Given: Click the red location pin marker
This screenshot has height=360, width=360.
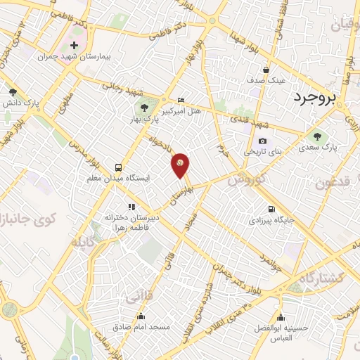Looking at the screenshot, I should click(181, 164).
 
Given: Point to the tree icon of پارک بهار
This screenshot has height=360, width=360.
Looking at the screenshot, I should click(144, 108).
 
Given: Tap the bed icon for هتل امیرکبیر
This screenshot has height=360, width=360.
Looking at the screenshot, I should click(181, 100).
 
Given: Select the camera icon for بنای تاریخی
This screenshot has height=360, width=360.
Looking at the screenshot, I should click(262, 141).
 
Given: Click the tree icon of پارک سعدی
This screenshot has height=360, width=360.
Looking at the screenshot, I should click(312, 136).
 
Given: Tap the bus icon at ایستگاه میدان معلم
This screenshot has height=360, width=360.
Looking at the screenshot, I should click(118, 167).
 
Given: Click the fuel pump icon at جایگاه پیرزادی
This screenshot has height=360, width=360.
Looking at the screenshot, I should click(271, 209).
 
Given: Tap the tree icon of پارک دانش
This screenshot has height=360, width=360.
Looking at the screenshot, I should click(13, 91).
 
